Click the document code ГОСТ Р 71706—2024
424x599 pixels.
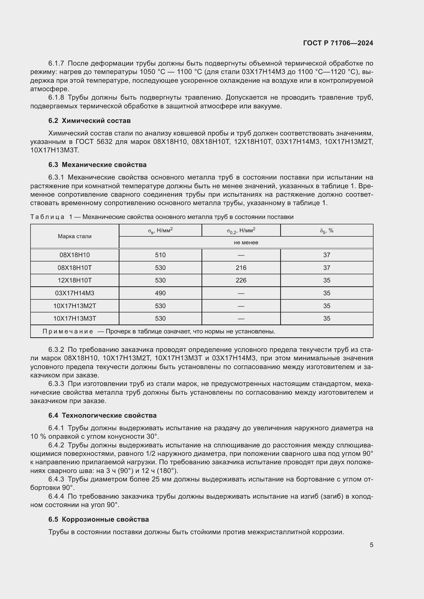point(338,43)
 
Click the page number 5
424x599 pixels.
point(371,545)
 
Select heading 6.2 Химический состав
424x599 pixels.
point(89,121)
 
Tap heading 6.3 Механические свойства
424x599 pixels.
point(97,165)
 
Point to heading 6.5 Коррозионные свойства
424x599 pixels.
point(98,519)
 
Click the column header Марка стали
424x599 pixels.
point(75,236)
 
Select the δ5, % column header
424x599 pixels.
point(327,231)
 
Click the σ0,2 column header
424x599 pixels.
point(241,231)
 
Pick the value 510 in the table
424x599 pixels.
point(160,255)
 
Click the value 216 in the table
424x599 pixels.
point(241,268)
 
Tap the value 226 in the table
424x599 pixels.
point(241,280)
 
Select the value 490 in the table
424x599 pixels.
point(160,293)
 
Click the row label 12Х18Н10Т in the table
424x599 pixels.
point(75,280)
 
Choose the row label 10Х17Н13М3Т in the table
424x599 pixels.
point(75,318)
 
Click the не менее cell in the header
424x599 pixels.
point(246,242)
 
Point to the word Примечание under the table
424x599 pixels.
point(68,331)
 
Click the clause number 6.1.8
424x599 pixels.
point(56,98)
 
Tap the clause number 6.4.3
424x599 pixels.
point(56,479)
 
